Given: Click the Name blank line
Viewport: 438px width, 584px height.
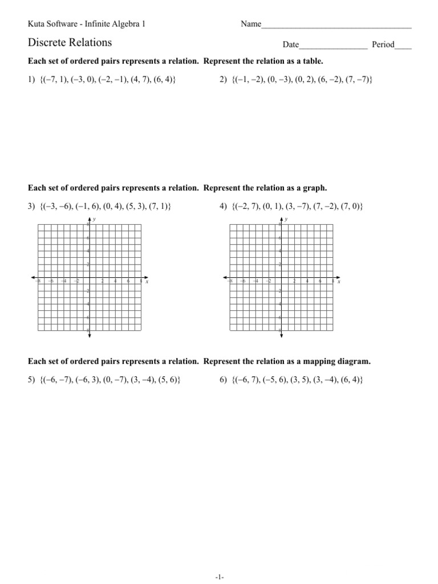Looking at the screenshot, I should point(336,27).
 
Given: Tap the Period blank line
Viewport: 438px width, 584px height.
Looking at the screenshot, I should point(403,47).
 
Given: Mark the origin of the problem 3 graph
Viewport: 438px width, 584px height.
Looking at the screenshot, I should point(89,278).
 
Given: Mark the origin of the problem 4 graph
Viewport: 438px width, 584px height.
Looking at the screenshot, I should point(281,278).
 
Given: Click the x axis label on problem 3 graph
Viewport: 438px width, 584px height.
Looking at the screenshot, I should point(147,281).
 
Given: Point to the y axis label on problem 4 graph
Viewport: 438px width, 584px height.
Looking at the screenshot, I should point(286,219).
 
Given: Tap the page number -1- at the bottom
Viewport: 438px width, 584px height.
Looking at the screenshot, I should point(219,577).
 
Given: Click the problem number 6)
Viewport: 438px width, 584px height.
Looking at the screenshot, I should point(224,380).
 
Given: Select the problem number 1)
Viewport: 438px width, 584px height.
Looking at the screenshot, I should point(31,80).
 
